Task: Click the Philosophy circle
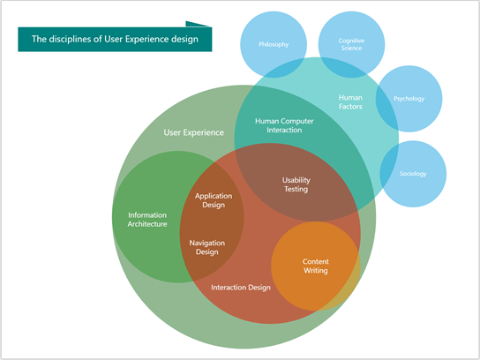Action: coord(274,44)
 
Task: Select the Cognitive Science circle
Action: coord(351,45)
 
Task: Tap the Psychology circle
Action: coord(409,99)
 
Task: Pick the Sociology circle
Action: coord(412,173)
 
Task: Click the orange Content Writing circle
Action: coord(315,266)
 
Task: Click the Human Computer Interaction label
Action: coord(278,124)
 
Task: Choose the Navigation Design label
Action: coord(206,246)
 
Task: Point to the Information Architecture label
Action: coord(147,219)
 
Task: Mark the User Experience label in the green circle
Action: coord(187,133)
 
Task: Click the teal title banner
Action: coord(115,39)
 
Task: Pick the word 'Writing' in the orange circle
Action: coord(315,271)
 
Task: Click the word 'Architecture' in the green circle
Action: coord(147,224)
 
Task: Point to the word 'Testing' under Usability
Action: coord(296,189)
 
